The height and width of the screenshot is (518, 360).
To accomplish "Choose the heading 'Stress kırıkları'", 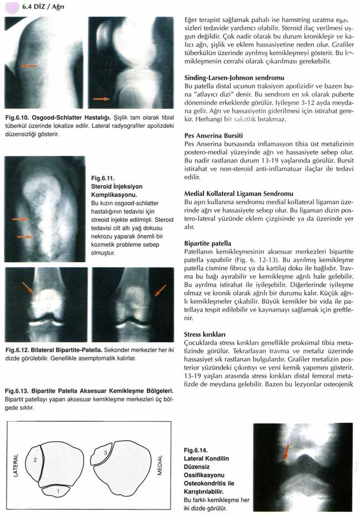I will pyautogui.click(x=204, y=334).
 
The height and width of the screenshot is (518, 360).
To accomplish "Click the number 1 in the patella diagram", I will pyautogui.click(x=59, y=490).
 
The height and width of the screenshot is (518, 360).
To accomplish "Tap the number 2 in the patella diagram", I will pyautogui.click(x=34, y=460).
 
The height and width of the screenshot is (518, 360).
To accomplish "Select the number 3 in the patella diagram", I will pyautogui.click(x=106, y=453).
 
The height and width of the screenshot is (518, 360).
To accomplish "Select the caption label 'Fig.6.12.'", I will pyautogui.click(x=18, y=350).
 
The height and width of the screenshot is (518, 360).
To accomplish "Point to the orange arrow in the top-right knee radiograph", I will pyautogui.click(x=101, y=99).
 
